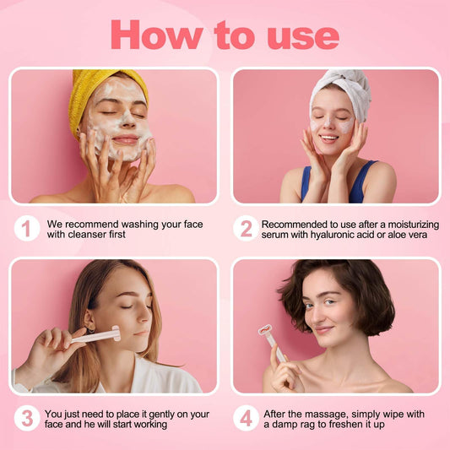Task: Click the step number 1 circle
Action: pos(26,228)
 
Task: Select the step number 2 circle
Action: pos(246,228)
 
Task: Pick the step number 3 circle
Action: pos(26,418)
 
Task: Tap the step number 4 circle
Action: pos(246,418)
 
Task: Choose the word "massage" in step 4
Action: pos(324,413)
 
